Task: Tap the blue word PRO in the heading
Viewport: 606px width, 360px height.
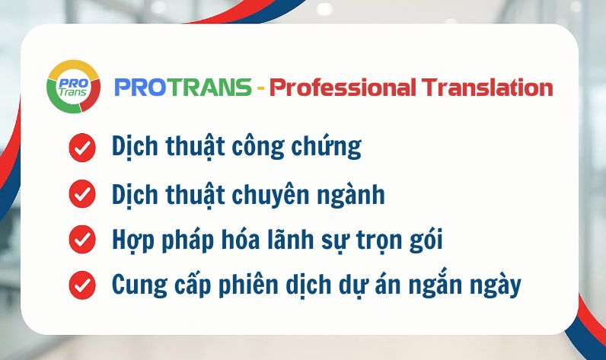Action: click(141, 88)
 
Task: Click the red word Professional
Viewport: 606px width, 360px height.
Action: click(341, 88)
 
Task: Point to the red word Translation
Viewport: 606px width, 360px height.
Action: click(487, 88)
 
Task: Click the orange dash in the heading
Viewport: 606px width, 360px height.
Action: click(260, 88)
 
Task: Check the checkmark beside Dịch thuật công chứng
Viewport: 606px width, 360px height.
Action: click(82, 148)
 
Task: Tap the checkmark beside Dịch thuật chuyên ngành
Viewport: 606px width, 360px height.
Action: click(82, 194)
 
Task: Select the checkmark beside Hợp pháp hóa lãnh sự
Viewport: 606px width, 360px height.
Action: click(82, 240)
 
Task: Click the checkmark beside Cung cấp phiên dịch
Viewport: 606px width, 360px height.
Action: click(82, 286)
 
